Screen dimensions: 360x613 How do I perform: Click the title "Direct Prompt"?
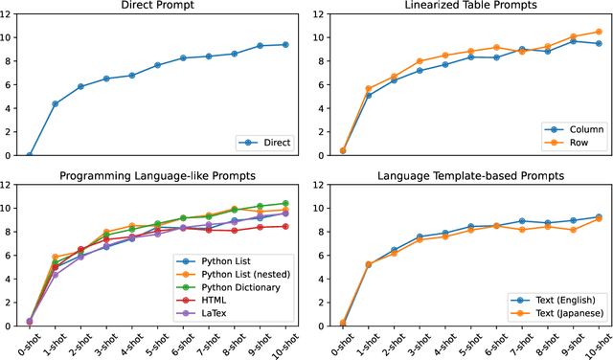[x=157, y=6]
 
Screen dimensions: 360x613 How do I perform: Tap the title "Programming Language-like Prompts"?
[x=157, y=175]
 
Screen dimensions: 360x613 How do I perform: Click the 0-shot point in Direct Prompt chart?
[x=30, y=154]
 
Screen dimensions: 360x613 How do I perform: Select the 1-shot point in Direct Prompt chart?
[x=55, y=103]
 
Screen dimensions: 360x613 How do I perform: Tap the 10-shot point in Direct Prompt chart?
[x=284, y=44]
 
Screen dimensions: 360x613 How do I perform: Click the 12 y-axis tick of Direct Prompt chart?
[x=10, y=13]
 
